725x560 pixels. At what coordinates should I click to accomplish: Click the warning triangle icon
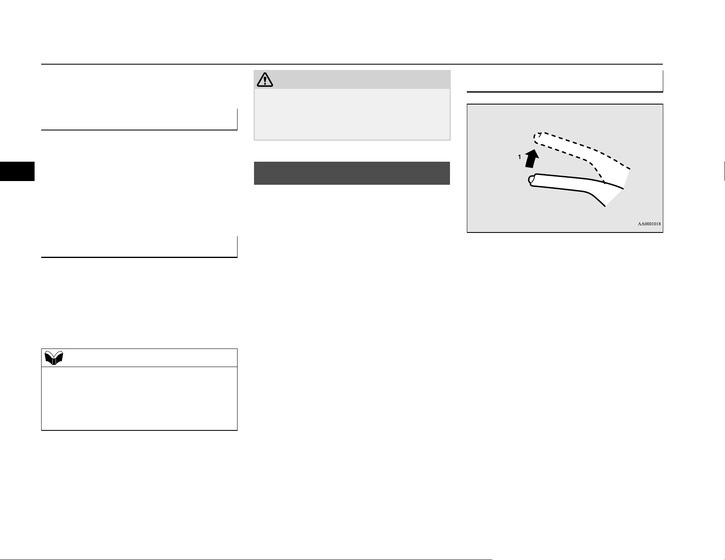[x=265, y=79]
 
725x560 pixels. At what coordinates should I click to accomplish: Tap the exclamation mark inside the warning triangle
[x=265, y=80]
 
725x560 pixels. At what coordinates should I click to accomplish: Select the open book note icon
[x=54, y=358]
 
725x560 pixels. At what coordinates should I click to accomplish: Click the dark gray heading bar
[x=352, y=173]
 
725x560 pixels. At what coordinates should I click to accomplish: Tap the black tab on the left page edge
[x=17, y=171]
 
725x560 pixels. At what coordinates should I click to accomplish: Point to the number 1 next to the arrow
[x=520, y=157]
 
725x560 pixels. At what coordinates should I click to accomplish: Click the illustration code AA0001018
[x=649, y=224]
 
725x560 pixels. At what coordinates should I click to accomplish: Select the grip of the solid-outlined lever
[x=560, y=182]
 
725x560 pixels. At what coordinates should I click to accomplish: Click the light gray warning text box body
[x=352, y=114]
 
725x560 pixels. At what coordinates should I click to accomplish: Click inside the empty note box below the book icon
[x=139, y=398]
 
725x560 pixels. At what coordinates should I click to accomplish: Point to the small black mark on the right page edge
[x=724, y=171]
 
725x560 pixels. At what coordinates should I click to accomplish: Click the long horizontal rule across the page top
[x=352, y=64]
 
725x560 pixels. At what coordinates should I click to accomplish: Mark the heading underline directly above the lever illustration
[x=565, y=92]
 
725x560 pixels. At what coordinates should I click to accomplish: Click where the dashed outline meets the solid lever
[x=604, y=181]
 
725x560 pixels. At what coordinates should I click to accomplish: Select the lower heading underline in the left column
[x=139, y=257]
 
